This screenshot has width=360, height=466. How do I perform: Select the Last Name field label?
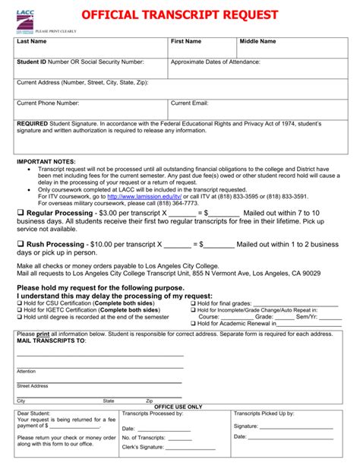tap(32, 41)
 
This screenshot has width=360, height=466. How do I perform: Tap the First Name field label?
tap(186, 41)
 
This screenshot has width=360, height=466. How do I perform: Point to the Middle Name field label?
tap(258, 41)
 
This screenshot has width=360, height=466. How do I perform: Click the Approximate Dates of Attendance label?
tap(216, 62)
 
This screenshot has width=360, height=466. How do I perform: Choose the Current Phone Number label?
tap(48, 103)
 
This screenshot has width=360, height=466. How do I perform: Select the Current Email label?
tap(189, 103)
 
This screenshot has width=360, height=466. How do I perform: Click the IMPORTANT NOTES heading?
tap(46, 162)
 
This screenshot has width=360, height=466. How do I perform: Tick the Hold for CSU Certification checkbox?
tap(19, 303)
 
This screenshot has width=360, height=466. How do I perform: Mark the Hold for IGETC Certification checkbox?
tap(19, 309)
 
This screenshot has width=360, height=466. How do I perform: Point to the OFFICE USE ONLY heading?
tap(179, 407)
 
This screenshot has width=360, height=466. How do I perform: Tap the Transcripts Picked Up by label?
tap(264, 414)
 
